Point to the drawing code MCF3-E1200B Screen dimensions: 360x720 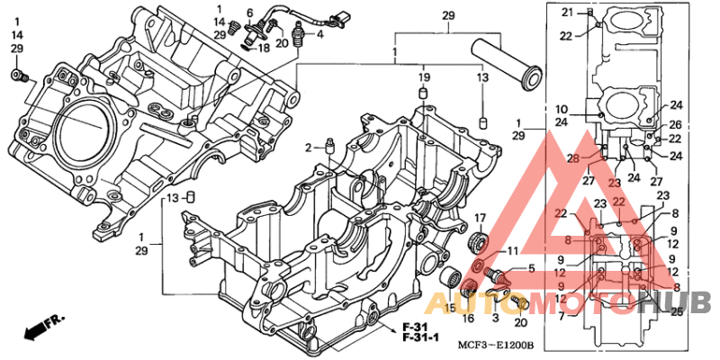[x=495, y=346]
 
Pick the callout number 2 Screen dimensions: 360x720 [x=307, y=148]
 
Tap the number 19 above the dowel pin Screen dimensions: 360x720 [x=423, y=79]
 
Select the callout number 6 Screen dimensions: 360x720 [x=251, y=13]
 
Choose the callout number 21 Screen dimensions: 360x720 [x=567, y=12]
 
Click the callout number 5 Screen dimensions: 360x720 [x=531, y=268]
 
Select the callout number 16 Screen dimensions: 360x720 [x=469, y=318]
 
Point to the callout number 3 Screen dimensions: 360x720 [x=493, y=318]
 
